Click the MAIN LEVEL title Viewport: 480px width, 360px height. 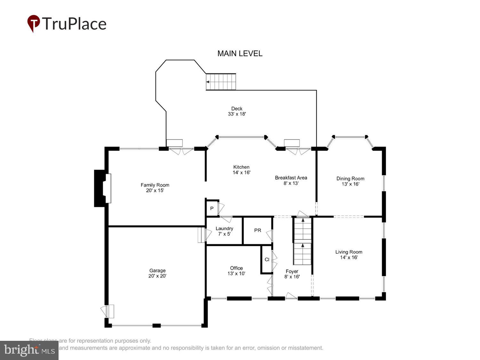pyautogui.click(x=240, y=53)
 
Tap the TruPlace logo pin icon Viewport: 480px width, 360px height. pyautogui.click(x=34, y=23)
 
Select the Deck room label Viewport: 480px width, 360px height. pyautogui.click(x=237, y=109)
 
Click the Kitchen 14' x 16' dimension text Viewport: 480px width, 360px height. pyautogui.click(x=241, y=172)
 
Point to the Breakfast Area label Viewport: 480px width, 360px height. pyautogui.click(x=291, y=178)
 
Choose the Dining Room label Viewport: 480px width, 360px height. pyautogui.click(x=350, y=179)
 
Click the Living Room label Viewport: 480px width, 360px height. pyautogui.click(x=348, y=252)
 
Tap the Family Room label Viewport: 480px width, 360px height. pyautogui.click(x=155, y=185)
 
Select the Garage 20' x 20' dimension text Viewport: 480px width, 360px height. pyautogui.click(x=157, y=276)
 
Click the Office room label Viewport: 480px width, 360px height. pyautogui.click(x=236, y=268)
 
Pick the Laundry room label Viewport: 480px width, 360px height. pyautogui.click(x=224, y=228)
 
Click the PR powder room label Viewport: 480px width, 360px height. pyautogui.click(x=258, y=230)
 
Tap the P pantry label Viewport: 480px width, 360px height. pyautogui.click(x=212, y=209)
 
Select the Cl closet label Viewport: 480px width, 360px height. pyautogui.click(x=267, y=260)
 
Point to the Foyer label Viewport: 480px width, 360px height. pyautogui.click(x=292, y=271)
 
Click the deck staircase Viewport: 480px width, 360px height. pyautogui.click(x=221, y=82)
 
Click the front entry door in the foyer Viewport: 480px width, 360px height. pyautogui.click(x=291, y=296)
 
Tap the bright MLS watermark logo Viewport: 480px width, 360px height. pyautogui.click(x=29, y=350)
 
